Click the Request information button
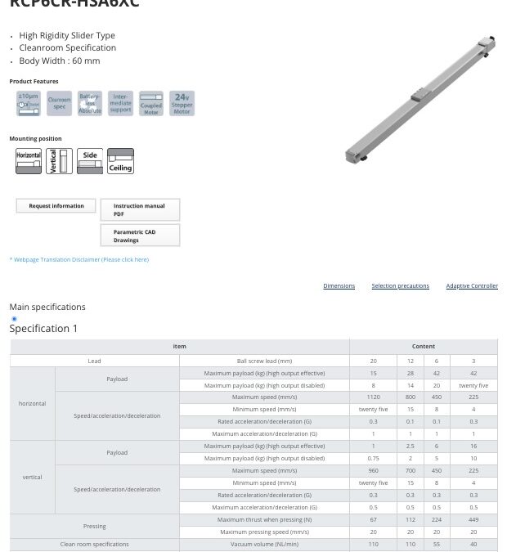56,206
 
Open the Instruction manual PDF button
140,209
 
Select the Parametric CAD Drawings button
140,236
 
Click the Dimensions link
339,286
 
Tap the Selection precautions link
400,286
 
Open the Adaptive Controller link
472,286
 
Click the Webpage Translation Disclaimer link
79,260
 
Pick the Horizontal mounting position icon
29,160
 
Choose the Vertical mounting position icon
60,160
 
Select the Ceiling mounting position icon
120,160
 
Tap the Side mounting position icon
90,160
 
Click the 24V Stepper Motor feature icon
182,104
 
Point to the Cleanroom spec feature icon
60,104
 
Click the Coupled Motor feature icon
151,104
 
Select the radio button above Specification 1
14,319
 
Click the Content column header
423,347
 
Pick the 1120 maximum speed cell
373,397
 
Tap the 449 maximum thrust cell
473,519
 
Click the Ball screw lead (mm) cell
264,361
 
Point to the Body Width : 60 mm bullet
60,61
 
